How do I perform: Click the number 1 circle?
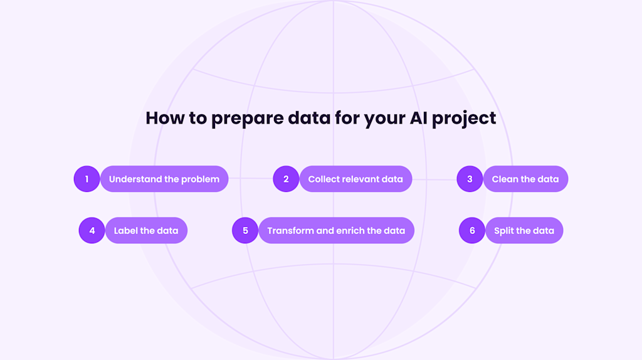coord(87,179)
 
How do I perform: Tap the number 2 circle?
coord(286,179)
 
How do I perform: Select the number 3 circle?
coord(470,179)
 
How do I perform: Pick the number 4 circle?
coord(92,230)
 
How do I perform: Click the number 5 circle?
coord(245,230)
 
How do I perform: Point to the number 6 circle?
coord(472,230)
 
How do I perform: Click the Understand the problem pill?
coord(164,179)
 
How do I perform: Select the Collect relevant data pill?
coord(355,179)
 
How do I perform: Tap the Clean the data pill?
coord(525,179)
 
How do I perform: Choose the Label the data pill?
coord(146,230)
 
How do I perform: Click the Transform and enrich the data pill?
coord(336,230)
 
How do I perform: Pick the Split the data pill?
coord(524,230)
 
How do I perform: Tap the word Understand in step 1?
coord(135,179)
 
